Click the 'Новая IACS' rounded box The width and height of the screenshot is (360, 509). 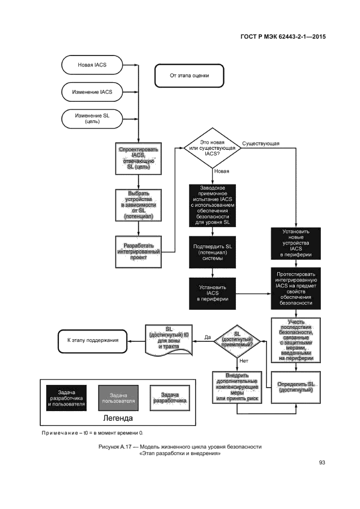(92, 65)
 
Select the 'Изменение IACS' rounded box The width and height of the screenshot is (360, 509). (92, 92)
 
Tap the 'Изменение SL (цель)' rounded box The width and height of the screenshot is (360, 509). (92, 119)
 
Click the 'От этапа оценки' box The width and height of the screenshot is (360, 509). (189, 76)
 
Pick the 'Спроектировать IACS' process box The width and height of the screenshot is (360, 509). (138, 158)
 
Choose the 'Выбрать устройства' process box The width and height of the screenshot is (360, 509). (138, 205)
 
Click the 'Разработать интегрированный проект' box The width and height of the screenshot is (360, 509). (138, 252)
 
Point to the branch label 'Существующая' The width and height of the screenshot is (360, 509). (261, 144)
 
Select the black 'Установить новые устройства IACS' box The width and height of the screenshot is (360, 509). (295, 243)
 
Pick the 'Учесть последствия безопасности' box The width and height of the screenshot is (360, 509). (295, 340)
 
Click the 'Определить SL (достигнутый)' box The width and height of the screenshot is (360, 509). (295, 388)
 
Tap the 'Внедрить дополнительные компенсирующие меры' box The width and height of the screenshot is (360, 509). (237, 388)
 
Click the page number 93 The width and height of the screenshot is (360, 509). (322, 463)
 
